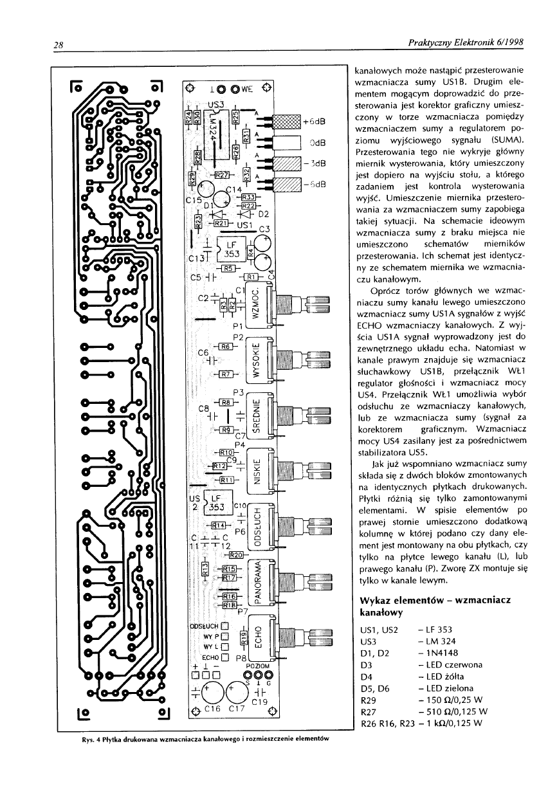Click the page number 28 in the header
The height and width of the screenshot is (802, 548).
pos(57,44)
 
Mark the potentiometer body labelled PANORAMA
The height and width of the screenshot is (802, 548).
pos(257,583)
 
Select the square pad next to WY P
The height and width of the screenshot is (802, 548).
pos(225,635)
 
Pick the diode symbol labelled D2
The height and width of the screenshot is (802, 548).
pos(243,214)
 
